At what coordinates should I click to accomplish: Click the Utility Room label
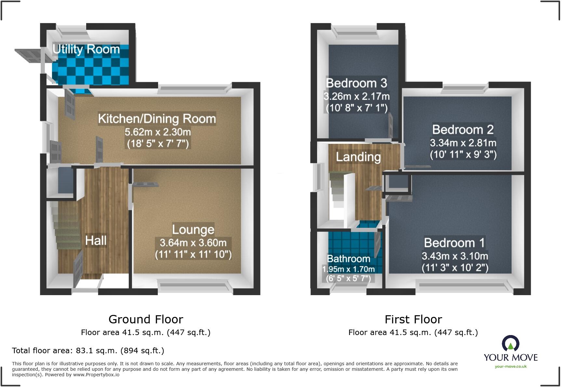click(86, 49)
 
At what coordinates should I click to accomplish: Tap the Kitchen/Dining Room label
click(157, 119)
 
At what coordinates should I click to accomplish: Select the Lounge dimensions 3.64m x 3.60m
click(193, 243)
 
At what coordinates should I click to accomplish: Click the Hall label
click(96, 241)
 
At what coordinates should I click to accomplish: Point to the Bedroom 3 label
click(356, 83)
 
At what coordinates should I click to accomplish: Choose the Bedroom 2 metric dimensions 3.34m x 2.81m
click(463, 143)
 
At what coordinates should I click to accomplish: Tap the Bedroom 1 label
click(454, 243)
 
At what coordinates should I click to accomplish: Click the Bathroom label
click(348, 259)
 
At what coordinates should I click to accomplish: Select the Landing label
click(358, 157)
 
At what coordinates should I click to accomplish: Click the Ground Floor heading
click(146, 319)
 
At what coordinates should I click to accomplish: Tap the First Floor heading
click(413, 319)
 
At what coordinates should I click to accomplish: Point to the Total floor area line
click(88, 351)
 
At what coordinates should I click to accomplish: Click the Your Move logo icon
click(510, 343)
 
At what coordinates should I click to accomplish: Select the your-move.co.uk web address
click(511, 367)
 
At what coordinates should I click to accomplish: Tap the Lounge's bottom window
click(194, 285)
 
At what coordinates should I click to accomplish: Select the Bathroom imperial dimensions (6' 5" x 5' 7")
click(348, 279)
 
